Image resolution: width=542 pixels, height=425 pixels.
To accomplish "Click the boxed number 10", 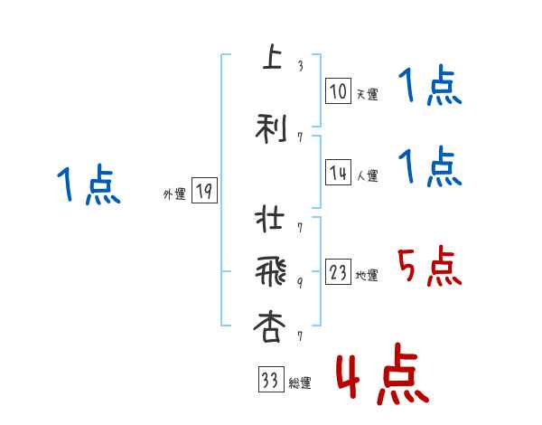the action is point(338,90).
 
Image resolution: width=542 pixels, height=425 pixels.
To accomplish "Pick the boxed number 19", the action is point(204,192).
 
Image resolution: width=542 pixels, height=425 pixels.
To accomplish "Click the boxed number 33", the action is point(269,381).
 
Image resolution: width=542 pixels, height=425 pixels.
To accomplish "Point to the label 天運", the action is point(367,93).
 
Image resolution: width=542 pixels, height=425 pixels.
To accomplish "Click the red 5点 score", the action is point(429,268).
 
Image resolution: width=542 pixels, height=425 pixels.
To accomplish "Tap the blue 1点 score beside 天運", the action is point(429,89).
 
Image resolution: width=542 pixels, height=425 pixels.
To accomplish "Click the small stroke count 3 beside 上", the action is point(300,65).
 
